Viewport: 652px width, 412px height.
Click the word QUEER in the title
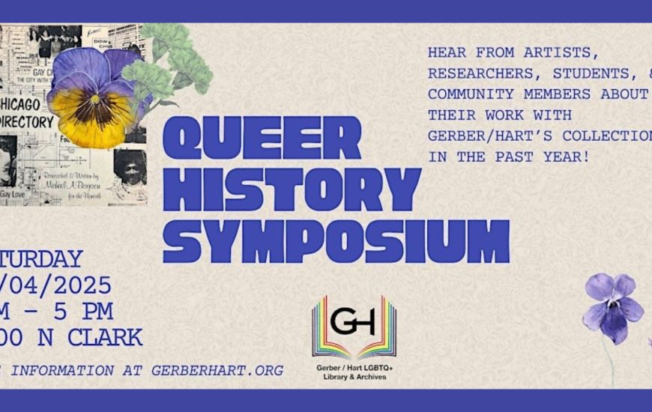tap(262, 138)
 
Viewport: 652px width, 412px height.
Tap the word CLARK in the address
tap(106, 337)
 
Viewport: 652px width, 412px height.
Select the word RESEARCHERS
tap(481, 73)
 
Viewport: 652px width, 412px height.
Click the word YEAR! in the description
tap(589, 157)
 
